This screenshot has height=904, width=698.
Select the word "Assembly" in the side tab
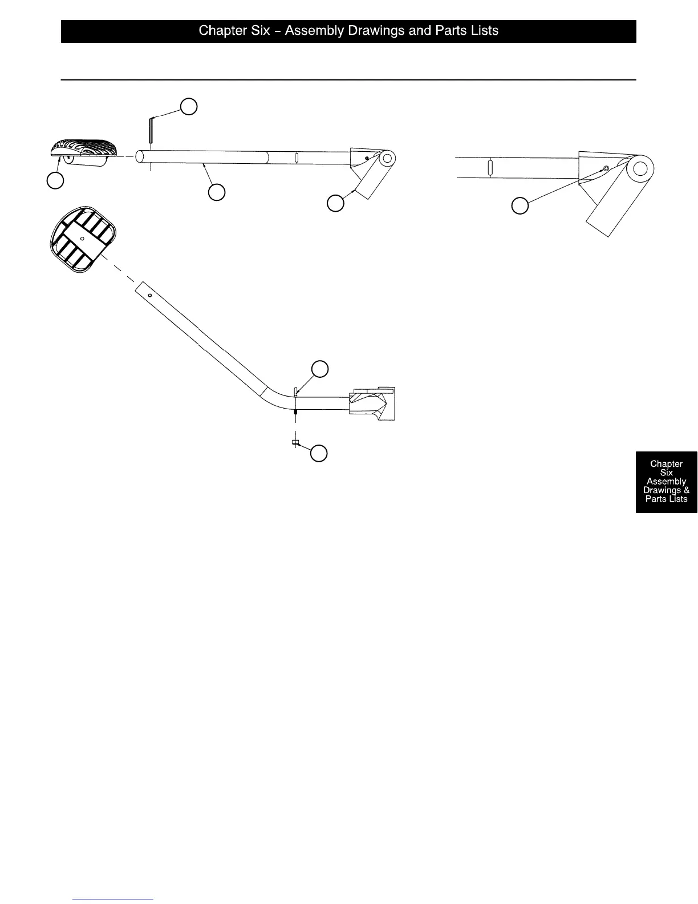(x=666, y=481)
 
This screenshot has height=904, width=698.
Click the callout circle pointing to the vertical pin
(x=189, y=106)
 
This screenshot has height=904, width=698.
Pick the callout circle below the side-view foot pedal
(x=55, y=180)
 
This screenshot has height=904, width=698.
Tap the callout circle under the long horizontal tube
(x=216, y=192)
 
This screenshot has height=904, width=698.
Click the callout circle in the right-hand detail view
(x=520, y=205)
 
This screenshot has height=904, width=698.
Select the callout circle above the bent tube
(x=320, y=369)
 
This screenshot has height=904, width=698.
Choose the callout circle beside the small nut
(x=319, y=453)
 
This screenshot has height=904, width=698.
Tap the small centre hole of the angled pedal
(x=83, y=238)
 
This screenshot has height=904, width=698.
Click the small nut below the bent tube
(x=295, y=442)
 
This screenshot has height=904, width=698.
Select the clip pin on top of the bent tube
(x=295, y=392)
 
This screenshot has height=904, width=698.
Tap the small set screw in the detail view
(x=606, y=168)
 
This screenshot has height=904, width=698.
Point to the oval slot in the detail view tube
(x=490, y=168)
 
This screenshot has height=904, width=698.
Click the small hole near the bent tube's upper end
(x=149, y=296)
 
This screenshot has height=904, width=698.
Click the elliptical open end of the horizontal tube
(x=139, y=157)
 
